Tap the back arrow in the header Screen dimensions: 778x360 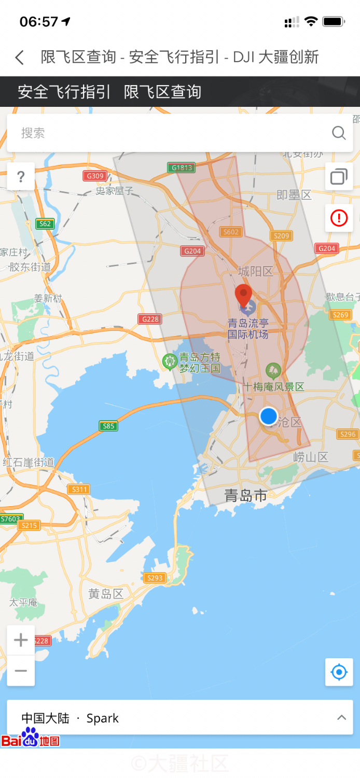point(20,57)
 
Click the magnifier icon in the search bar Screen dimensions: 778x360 point(339,133)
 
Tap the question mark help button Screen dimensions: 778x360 point(21,177)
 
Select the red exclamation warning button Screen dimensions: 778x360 point(339,218)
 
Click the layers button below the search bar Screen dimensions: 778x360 point(339,177)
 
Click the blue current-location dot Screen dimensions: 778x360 point(268,416)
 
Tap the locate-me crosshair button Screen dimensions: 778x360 point(339,672)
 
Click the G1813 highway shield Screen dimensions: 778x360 point(182,168)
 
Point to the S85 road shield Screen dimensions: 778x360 point(108,426)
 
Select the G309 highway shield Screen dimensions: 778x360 point(95,176)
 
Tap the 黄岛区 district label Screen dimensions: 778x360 point(106,594)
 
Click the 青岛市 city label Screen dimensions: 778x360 point(246,496)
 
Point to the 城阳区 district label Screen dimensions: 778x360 point(255,271)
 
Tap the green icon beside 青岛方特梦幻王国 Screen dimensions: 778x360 point(170,361)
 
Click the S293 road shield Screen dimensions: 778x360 point(155,578)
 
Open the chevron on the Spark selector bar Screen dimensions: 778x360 point(341,718)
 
